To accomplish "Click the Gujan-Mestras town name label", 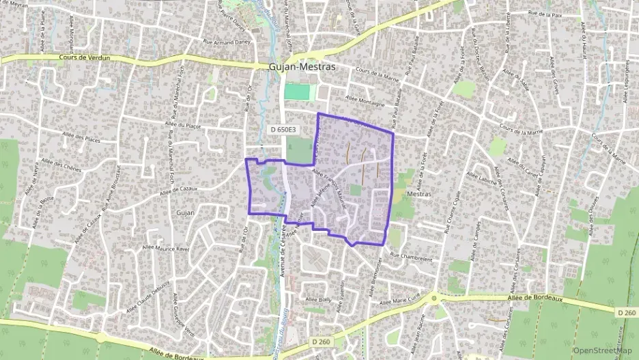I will pos(302,68).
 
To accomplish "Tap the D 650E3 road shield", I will pos(283,129).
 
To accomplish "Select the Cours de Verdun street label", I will pos(84,58).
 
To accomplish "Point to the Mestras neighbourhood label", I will pos(418,195).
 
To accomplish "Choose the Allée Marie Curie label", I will pos(408,299).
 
